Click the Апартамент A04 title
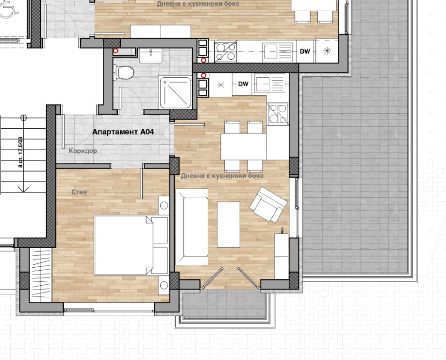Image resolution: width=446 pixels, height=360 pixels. point(123,132)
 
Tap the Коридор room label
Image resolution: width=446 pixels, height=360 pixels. point(83,151)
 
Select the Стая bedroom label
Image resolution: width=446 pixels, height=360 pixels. point(79,192)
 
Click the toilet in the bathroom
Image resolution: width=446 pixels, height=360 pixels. point(124,72)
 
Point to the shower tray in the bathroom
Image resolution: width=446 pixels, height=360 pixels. point(175,93)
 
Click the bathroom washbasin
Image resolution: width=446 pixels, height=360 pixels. point(150,55)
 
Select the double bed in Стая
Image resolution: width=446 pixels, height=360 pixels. point(131,245)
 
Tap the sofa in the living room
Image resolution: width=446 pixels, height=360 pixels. point(191,227)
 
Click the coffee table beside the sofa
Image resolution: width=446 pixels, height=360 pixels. point(229,225)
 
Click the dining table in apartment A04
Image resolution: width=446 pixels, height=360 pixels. point(244,147)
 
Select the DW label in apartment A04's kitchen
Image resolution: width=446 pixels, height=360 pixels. point(243,84)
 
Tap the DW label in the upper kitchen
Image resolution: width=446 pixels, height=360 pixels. point(305,51)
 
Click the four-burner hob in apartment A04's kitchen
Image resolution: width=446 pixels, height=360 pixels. point(278,114)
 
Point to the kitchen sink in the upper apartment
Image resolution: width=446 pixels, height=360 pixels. point(278,51)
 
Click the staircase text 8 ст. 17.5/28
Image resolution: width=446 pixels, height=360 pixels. point(20,152)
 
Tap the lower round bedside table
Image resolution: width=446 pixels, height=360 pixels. point(164,285)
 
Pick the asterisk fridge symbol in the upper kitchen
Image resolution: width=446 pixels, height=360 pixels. point(327,51)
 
